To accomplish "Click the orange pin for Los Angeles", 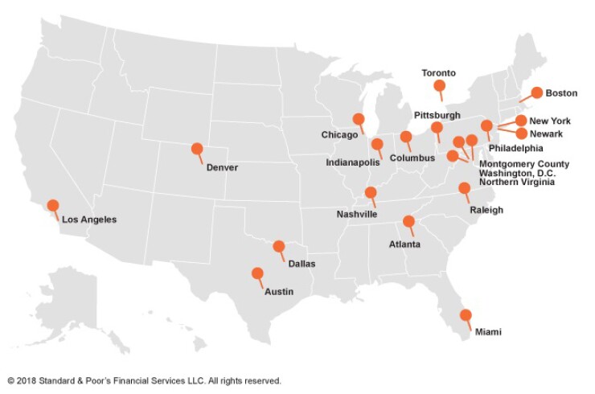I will [x=53, y=205].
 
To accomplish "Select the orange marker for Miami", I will [x=465, y=315].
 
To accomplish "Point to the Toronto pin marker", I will [x=439, y=85].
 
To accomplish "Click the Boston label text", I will [x=561, y=93].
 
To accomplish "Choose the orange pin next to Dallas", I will [x=279, y=247].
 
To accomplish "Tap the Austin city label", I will [x=278, y=291].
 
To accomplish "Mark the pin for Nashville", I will [x=371, y=192].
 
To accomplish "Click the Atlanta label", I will [x=405, y=243].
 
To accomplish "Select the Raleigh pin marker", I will [x=464, y=188].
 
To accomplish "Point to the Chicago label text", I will [x=339, y=134].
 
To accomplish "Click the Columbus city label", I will [x=411, y=158].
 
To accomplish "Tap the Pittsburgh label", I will [x=437, y=115].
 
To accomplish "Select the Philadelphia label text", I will [x=515, y=148].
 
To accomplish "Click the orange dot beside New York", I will [x=521, y=121].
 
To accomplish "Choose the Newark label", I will [x=546, y=133].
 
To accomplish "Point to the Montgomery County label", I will [x=523, y=164].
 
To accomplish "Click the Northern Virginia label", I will [x=516, y=183].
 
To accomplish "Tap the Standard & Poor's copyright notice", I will [x=144, y=380].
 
